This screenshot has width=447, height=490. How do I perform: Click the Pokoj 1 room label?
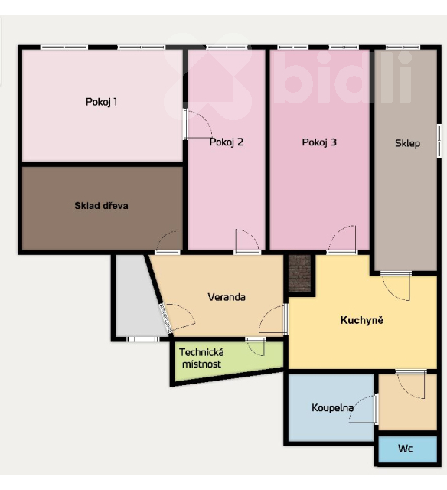click(x=101, y=102)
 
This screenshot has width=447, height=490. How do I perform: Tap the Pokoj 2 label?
click(x=226, y=142)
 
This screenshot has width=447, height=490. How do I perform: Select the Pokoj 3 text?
click(x=319, y=142)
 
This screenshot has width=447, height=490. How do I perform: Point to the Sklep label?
click(x=407, y=143)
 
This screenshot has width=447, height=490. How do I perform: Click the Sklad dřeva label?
click(x=101, y=206)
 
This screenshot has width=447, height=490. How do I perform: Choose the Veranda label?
click(x=227, y=297)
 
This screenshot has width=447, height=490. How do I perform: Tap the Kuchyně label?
click(x=362, y=320)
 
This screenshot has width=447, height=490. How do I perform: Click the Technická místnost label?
click(x=201, y=358)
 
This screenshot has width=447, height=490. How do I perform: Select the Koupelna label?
click(x=332, y=408)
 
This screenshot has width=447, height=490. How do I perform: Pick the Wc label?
click(x=405, y=449)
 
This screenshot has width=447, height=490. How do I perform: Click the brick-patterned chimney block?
click(x=299, y=273)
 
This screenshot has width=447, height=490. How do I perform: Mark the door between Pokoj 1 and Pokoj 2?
click(x=197, y=124)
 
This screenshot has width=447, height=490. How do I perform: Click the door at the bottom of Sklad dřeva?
click(x=168, y=242)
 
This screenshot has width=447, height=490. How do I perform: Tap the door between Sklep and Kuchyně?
click(x=396, y=286)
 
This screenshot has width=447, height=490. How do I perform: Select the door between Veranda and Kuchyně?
click(x=273, y=319)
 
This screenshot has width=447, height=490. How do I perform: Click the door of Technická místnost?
click(x=256, y=347)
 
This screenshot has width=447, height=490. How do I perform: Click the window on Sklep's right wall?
click(x=439, y=141)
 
